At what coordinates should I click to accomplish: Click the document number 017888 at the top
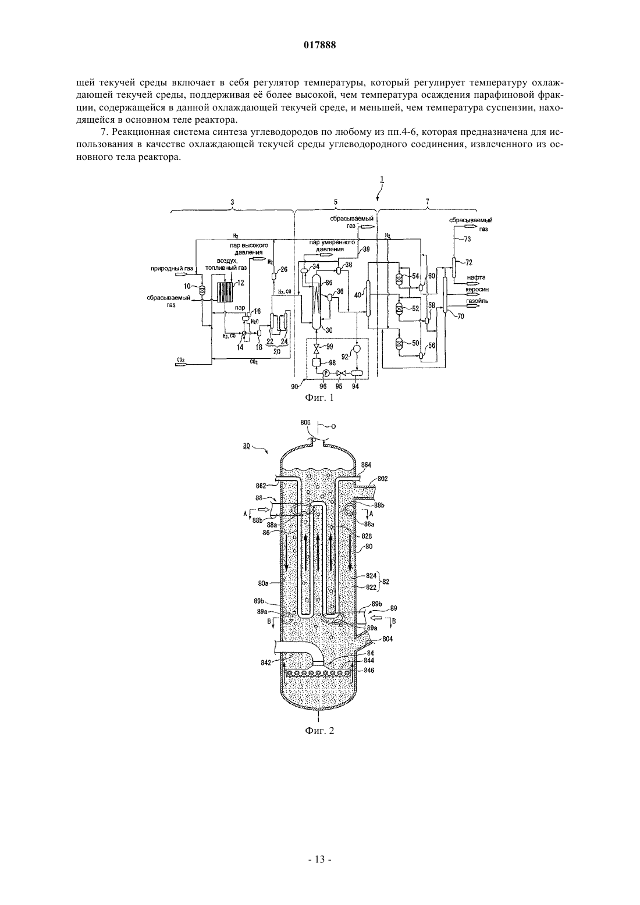tap(319, 45)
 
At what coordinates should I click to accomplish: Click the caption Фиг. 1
tap(319, 398)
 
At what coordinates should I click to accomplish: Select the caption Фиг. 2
tap(319, 731)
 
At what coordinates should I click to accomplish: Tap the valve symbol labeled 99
tap(317, 347)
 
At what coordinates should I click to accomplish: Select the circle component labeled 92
tap(356, 348)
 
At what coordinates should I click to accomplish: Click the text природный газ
tap(172, 268)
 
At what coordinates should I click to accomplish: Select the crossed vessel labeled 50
tap(400, 343)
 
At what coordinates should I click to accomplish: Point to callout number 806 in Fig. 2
tap(305, 422)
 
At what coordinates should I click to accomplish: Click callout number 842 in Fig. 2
tap(265, 661)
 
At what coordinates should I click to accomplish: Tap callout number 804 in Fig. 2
tap(387, 639)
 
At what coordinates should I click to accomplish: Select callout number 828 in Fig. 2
tap(367, 536)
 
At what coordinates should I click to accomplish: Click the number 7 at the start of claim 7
tap(102, 131)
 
